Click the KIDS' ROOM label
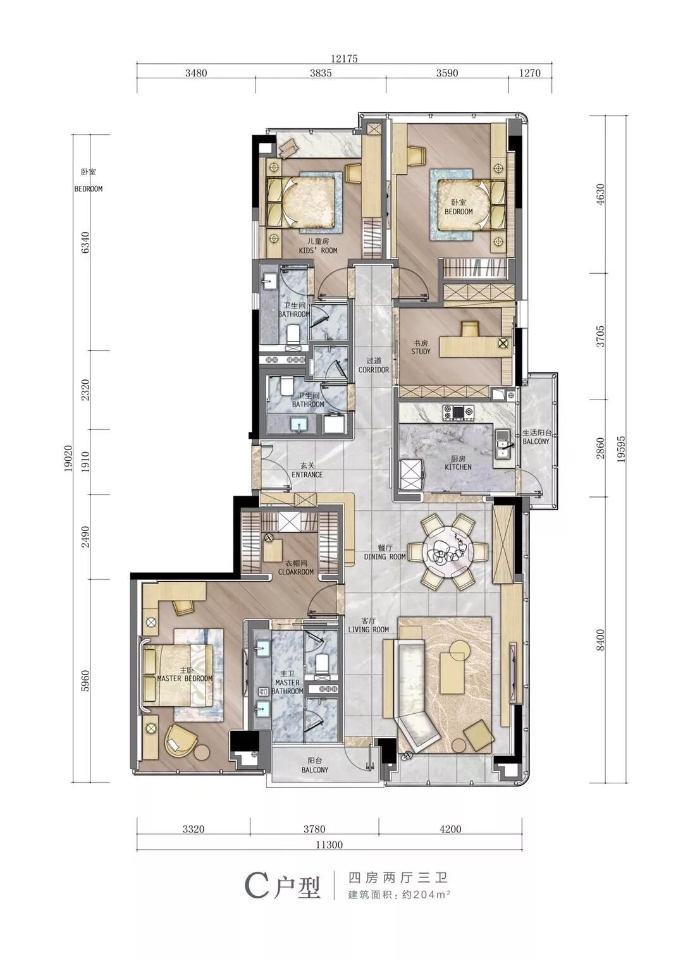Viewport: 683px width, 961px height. (x=317, y=250)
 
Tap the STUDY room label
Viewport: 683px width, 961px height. (x=421, y=352)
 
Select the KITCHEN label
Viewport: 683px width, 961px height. (x=458, y=467)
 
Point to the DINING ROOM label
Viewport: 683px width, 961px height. (x=385, y=557)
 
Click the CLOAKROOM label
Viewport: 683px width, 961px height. (x=295, y=572)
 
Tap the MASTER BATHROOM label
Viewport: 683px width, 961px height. (x=288, y=687)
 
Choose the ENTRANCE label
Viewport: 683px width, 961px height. (x=307, y=475)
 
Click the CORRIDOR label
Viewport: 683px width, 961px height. (x=374, y=370)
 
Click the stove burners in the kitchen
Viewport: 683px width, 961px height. (x=458, y=412)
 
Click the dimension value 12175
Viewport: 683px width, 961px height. (x=344, y=59)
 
